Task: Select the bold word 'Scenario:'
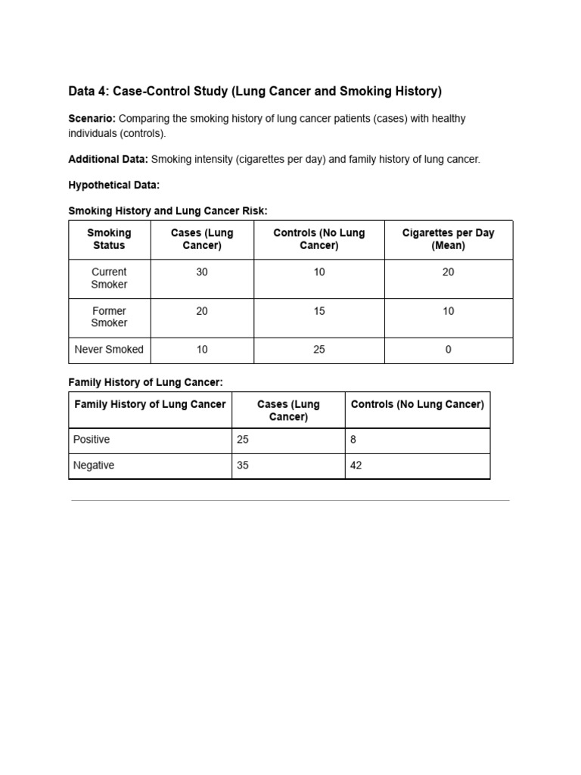pos(92,119)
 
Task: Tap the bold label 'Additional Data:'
pos(108,160)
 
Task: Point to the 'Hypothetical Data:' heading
pos(114,185)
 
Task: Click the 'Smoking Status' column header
pos(109,239)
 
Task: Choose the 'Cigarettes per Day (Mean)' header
pos(448,239)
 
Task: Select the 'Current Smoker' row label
pos(109,278)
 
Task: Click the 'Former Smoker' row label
pos(109,317)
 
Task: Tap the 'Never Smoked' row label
pos(109,350)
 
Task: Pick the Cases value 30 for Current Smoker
pos(202,272)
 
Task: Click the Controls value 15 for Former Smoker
pos(319,311)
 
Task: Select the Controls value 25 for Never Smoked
pos(319,350)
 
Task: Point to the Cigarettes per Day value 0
pos(449,350)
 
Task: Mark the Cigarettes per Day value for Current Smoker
pos(449,272)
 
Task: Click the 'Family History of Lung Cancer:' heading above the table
pos(146,382)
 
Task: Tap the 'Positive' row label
pos(92,440)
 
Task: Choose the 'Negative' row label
pos(94,465)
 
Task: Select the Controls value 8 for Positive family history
pos(353,440)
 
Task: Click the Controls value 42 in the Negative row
pos(356,465)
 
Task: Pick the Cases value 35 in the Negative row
pos(243,465)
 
